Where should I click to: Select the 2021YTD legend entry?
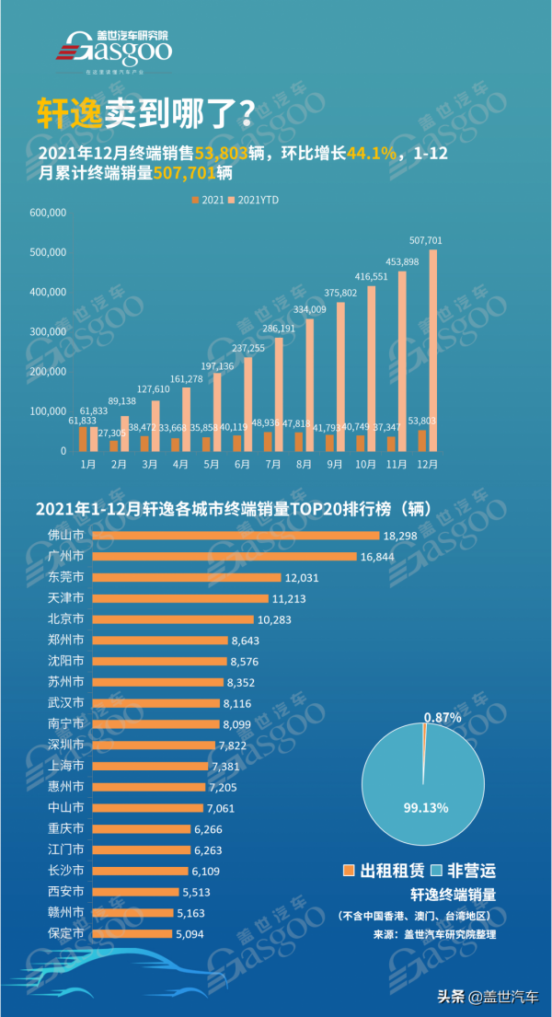click(x=255, y=199)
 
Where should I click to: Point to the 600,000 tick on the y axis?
click(x=48, y=213)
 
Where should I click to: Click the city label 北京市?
click(x=65, y=619)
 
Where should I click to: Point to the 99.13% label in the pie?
click(x=425, y=807)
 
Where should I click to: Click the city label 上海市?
click(x=65, y=766)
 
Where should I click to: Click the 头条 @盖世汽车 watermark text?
click(x=488, y=996)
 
